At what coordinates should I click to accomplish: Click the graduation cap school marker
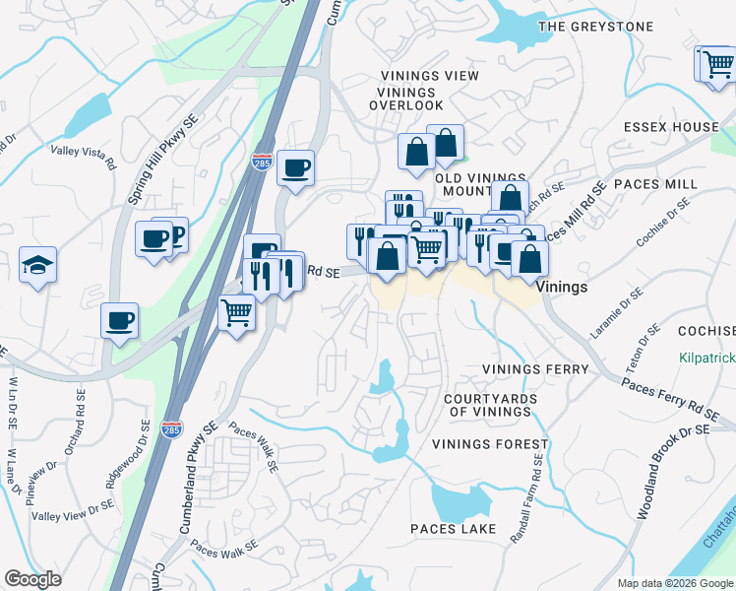[37, 265]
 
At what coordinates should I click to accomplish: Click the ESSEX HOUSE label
[671, 127]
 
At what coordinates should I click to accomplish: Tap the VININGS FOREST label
[489, 444]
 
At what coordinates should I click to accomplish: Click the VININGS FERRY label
[534, 369]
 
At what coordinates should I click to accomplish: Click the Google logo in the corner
[32, 579]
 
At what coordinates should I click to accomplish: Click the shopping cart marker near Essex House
[716, 65]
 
